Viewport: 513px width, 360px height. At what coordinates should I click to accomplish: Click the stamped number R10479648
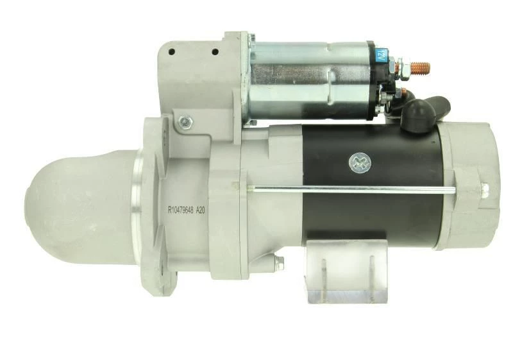click(x=181, y=210)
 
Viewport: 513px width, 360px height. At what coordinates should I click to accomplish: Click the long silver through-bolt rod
click(x=351, y=188)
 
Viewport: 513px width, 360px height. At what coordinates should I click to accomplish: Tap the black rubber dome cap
click(x=418, y=114)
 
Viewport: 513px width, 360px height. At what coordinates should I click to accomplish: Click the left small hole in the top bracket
click(x=171, y=51)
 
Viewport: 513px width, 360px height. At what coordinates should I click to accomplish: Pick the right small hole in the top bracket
click(x=215, y=52)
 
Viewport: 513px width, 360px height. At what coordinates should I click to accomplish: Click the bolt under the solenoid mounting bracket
click(x=185, y=123)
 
